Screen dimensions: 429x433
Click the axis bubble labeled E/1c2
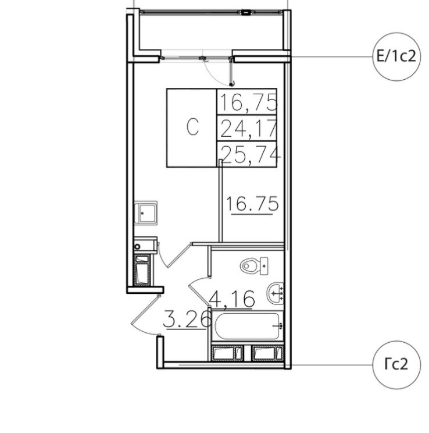(x=395, y=56)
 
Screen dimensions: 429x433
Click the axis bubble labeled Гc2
(x=395, y=365)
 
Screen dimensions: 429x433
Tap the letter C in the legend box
(x=192, y=127)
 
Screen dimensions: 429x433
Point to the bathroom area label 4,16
(x=231, y=299)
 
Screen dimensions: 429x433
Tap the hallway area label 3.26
(x=185, y=319)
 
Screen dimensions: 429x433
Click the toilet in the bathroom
(x=253, y=266)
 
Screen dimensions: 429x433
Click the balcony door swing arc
(x=216, y=71)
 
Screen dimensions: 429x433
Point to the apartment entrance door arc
(x=141, y=316)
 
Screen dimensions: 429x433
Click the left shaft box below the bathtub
(x=227, y=353)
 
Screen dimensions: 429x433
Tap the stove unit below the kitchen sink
(x=142, y=270)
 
